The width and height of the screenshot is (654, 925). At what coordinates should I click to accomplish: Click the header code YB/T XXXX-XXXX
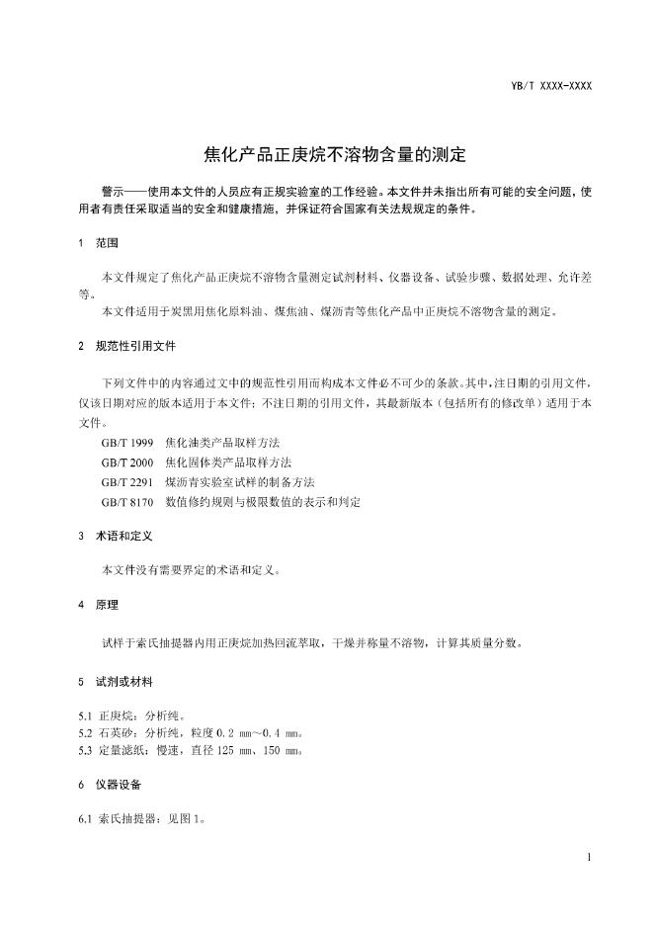click(551, 86)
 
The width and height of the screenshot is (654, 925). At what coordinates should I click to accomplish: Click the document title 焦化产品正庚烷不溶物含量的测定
click(326, 154)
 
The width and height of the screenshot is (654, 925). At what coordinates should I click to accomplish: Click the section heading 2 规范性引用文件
click(127, 348)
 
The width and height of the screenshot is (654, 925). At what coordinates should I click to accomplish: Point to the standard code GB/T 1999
click(127, 443)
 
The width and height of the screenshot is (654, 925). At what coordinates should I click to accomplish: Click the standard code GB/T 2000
click(127, 462)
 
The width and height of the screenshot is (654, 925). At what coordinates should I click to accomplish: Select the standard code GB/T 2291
click(127, 482)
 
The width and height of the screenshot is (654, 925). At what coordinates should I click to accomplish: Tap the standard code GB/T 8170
click(127, 502)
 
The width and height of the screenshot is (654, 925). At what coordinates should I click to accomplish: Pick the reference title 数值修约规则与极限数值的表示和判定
click(263, 502)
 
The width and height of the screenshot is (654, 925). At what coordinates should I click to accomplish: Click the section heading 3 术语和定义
click(115, 537)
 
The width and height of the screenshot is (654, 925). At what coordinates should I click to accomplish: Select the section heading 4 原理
click(98, 604)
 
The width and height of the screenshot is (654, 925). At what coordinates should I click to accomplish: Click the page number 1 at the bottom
click(588, 857)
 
